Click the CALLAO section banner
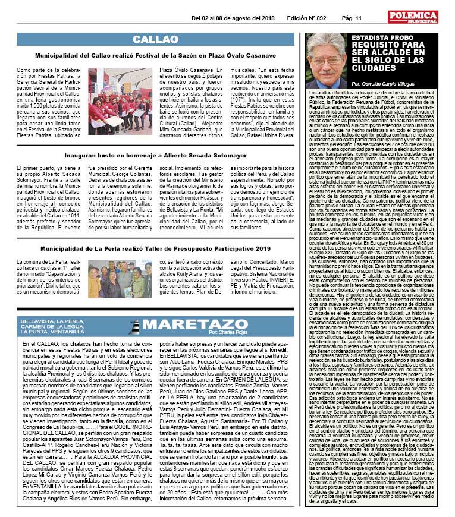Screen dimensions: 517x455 tap(156, 39)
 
